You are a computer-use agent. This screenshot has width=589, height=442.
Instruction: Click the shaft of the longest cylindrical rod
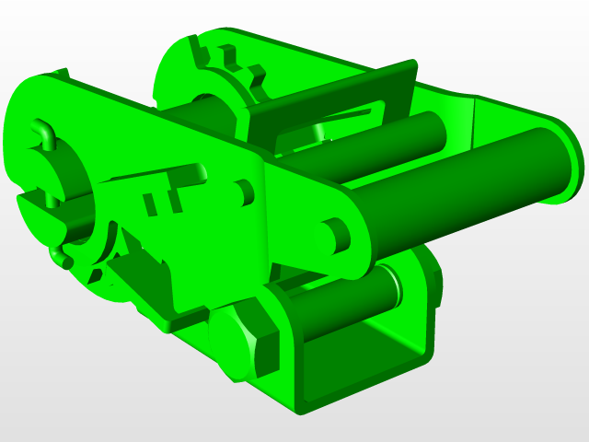pyautogui.click(x=460, y=189)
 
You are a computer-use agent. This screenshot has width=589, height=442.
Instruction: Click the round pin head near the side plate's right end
pyautogui.click(x=333, y=236)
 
